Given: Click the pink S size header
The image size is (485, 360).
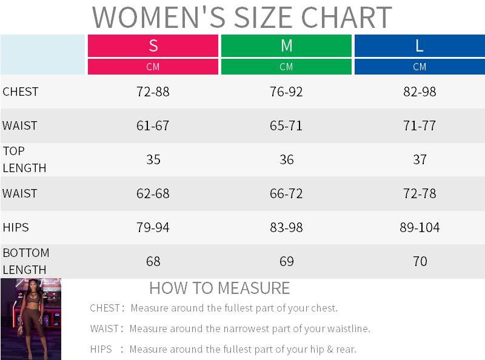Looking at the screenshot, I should click(x=153, y=45).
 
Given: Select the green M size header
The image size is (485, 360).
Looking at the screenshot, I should click(x=286, y=45).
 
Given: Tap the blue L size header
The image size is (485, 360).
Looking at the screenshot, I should click(x=420, y=45).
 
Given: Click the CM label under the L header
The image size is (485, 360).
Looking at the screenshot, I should click(x=420, y=67).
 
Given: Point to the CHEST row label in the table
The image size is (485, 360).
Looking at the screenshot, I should click(x=21, y=92).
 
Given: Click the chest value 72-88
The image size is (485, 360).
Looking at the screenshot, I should click(x=153, y=92).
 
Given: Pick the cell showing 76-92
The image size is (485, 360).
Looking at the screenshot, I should click(x=286, y=92).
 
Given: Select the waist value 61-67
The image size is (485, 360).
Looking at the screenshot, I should click(x=153, y=126).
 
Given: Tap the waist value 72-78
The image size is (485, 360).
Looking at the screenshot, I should click(x=420, y=194).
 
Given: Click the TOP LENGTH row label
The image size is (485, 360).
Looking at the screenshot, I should click(x=24, y=159).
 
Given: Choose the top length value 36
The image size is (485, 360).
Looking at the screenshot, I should click(x=286, y=160).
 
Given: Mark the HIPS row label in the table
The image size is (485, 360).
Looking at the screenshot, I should click(x=16, y=227).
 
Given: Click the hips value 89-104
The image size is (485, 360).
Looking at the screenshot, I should click(x=420, y=228).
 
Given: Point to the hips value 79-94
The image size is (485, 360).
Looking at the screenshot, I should click(x=153, y=228).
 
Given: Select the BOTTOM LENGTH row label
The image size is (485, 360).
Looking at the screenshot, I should click(x=26, y=261).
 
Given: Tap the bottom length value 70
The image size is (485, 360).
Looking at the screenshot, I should click(x=420, y=262).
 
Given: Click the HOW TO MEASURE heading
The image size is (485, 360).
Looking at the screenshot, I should click(x=219, y=288).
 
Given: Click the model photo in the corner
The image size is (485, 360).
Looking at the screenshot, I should click(x=30, y=319).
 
